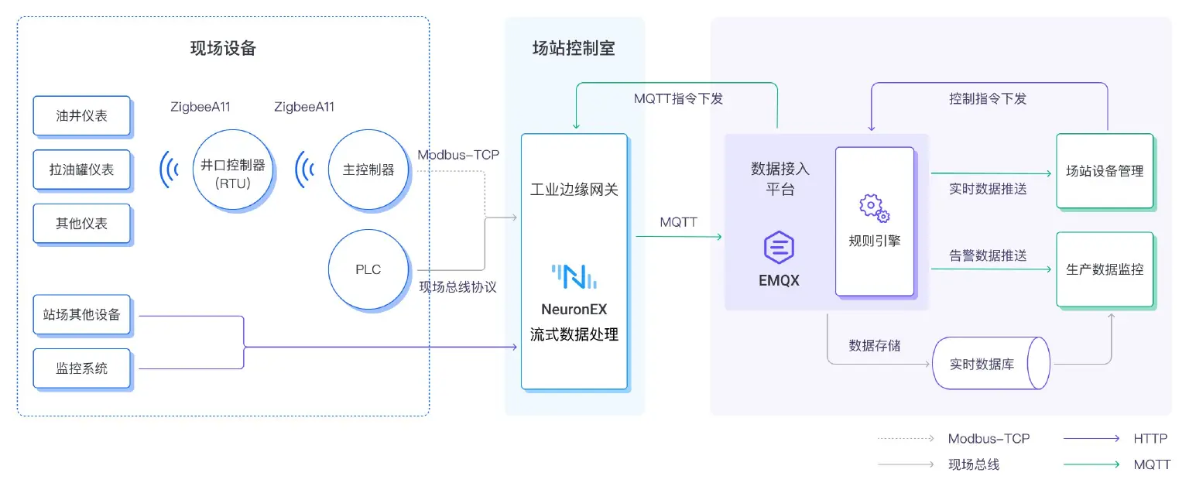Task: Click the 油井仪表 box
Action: pyautogui.click(x=81, y=115)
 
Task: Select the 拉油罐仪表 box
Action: pyautogui.click(x=81, y=169)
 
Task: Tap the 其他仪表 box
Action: pyautogui.click(x=81, y=223)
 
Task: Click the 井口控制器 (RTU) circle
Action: pyautogui.click(x=233, y=170)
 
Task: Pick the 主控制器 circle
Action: pyautogui.click(x=368, y=170)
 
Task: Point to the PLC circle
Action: pyautogui.click(x=368, y=269)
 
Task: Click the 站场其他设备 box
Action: pyautogui.click(x=81, y=314)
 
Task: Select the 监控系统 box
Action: pyautogui.click(x=81, y=368)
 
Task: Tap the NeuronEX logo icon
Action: pyautogui.click(x=574, y=276)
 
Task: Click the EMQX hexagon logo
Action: pyautogui.click(x=779, y=248)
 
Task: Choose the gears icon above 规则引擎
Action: pyautogui.click(x=874, y=207)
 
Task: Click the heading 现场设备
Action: pyautogui.click(x=223, y=49)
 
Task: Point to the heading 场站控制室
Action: pyautogui.click(x=574, y=49)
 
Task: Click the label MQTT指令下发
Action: pyautogui.click(x=678, y=98)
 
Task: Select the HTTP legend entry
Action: pyautogui.click(x=1150, y=438)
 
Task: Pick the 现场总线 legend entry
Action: pyautogui.click(x=973, y=464)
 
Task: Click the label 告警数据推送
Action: pyautogui.click(x=988, y=255)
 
